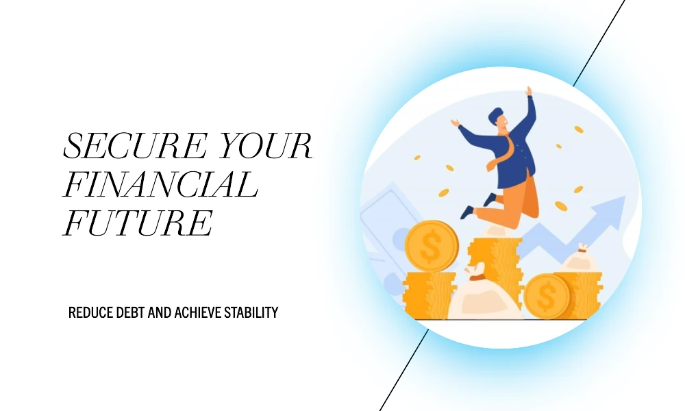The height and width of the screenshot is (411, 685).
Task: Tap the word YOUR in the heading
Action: tap(266, 145)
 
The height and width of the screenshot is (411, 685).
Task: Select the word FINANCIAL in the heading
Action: tap(161, 184)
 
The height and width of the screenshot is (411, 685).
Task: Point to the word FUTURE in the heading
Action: tap(138, 223)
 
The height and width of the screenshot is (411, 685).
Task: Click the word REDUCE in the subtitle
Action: tap(91, 313)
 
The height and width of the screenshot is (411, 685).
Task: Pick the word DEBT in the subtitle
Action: tap(131, 313)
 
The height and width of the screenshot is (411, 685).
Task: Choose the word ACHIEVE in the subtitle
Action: tap(197, 313)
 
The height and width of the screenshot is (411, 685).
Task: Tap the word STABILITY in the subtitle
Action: tap(251, 313)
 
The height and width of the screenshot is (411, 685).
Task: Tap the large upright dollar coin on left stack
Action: tap(432, 246)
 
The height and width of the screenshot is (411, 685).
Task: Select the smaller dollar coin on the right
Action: tap(547, 296)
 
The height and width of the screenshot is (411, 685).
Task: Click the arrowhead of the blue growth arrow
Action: tap(612, 212)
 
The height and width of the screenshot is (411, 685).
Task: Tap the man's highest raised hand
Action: tap(529, 91)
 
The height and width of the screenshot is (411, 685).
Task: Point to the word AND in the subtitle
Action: tap(160, 313)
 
